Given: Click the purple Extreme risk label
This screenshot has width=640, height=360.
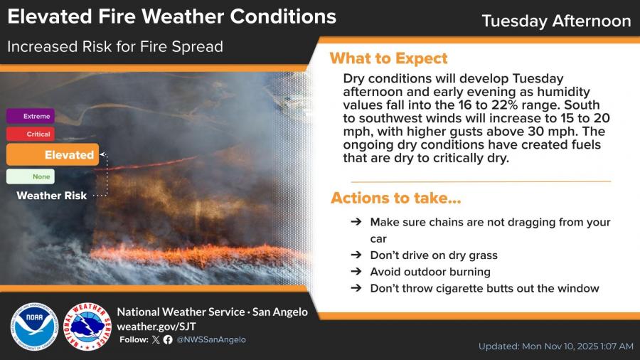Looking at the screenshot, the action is click(30, 116).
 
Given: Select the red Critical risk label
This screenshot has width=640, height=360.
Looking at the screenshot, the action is click(30, 134).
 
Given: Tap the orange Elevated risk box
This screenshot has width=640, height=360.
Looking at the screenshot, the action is click(53, 154).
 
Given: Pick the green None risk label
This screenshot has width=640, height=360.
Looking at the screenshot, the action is click(30, 176).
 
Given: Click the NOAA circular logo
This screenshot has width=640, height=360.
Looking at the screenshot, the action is click(34, 327).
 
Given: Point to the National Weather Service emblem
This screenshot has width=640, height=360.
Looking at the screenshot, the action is click(87, 327).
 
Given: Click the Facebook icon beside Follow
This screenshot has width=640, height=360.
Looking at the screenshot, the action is click(168, 339).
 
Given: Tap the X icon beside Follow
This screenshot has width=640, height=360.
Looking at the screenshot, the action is click(156, 339).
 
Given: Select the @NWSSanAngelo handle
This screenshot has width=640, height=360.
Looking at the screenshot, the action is click(211, 339).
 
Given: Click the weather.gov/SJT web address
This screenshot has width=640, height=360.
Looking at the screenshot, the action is click(156, 327).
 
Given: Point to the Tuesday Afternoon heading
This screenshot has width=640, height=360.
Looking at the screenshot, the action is click(556, 21).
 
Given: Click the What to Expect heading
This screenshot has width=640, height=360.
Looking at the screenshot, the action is click(388, 58).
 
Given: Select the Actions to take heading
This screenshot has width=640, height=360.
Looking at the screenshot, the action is click(396, 198).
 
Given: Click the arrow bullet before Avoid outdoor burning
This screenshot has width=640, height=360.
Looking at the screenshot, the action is click(356, 272).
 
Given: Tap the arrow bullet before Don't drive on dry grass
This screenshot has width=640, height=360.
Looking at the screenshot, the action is click(356, 255).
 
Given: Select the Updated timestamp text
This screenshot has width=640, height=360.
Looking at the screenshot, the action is click(556, 346).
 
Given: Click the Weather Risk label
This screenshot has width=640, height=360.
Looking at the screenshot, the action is click(52, 196).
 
